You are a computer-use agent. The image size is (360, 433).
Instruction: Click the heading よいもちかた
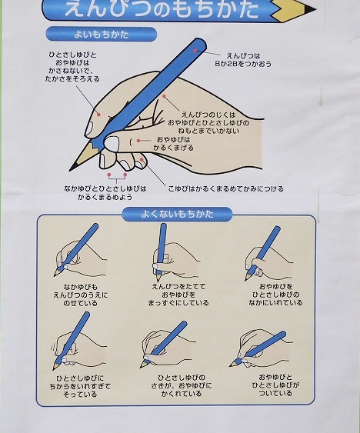(x=101, y=35)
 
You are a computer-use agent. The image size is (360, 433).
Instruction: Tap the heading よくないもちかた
(x=177, y=214)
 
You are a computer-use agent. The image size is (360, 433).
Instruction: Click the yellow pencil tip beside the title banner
(x=293, y=10)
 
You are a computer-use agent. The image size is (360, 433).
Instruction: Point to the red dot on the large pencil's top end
(x=195, y=51)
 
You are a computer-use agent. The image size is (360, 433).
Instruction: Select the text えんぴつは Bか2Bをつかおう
(x=243, y=60)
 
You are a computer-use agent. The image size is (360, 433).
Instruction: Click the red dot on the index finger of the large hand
(x=98, y=114)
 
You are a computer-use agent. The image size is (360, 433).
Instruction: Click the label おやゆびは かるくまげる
(x=174, y=144)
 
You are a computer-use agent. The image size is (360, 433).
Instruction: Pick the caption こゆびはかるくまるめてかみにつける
(x=225, y=189)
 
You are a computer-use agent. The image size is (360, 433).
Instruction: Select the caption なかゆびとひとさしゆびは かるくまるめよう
(x=105, y=193)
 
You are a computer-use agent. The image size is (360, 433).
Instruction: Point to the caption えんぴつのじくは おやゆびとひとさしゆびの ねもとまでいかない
(x=208, y=122)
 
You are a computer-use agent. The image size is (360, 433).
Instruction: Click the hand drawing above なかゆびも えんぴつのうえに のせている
(x=79, y=251)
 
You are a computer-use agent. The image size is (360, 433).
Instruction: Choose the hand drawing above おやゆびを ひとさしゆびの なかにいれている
(x=268, y=254)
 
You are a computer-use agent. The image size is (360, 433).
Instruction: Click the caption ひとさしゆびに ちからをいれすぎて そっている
(x=80, y=386)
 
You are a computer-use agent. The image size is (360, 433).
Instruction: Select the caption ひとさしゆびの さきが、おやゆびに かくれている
(x=182, y=385)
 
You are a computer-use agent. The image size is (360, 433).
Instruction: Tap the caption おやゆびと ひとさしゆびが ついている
(x=275, y=385)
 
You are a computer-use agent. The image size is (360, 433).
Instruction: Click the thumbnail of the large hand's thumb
(x=111, y=144)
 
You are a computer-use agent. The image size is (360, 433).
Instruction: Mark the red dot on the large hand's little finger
(x=142, y=159)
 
